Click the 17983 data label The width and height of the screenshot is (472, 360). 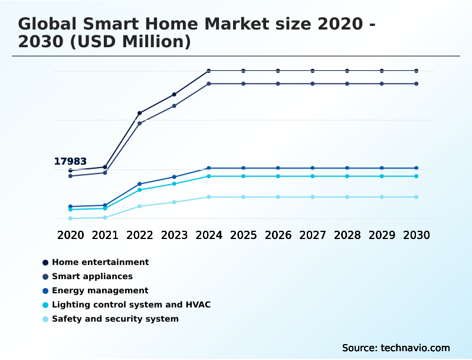(70, 162)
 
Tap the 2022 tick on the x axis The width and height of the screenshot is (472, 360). (140, 235)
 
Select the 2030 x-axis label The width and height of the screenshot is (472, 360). (417, 235)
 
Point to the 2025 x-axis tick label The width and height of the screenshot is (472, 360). (244, 235)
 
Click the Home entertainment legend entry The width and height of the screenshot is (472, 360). (100, 262)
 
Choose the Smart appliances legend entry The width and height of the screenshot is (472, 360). (92, 276)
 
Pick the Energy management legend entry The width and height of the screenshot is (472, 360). (100, 290)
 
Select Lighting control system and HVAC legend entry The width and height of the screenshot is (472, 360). (131, 305)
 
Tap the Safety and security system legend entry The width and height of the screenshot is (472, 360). (115, 319)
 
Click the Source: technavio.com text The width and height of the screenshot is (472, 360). (396, 348)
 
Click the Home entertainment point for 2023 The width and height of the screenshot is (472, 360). (174, 94)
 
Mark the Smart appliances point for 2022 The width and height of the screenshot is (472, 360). (140, 123)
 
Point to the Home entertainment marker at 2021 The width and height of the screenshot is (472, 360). (105, 167)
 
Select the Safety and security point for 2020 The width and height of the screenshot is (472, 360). (70, 218)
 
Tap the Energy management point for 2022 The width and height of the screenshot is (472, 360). (140, 184)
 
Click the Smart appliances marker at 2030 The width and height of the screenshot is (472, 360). (417, 84)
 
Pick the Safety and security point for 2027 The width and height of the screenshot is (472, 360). (313, 197)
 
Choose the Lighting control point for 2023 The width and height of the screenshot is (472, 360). (174, 184)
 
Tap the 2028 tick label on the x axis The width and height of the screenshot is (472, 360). (348, 235)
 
